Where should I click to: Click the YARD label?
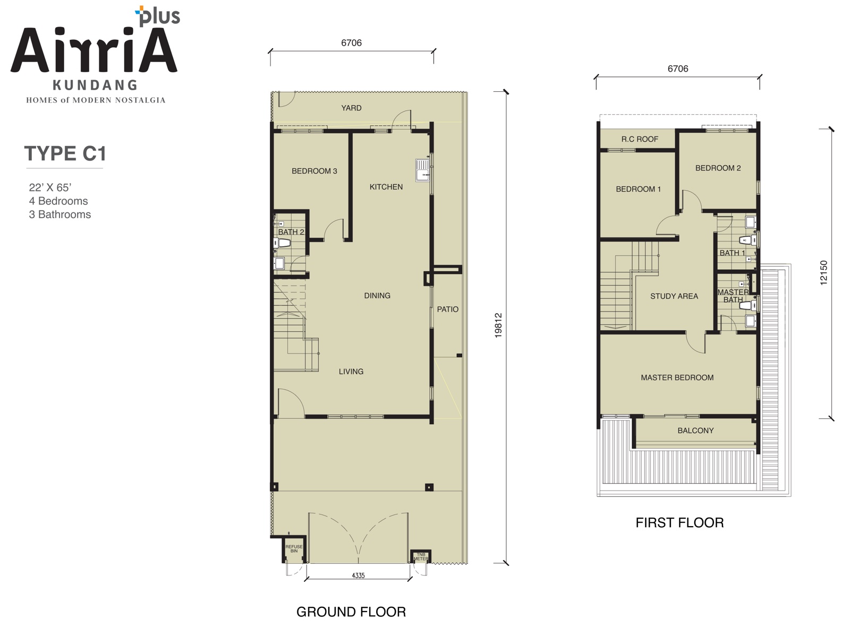point(351,108)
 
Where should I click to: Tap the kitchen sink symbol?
point(423,170)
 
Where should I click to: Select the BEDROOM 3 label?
point(314,171)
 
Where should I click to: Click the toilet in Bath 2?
point(282,243)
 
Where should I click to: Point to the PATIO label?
point(448,309)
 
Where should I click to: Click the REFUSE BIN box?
point(294,549)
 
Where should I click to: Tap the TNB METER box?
point(421,556)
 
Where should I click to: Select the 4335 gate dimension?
point(358,576)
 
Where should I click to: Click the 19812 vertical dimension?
point(498,325)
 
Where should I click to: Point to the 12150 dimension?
point(823,272)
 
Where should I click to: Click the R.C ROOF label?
point(640,139)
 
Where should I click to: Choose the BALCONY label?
point(695,431)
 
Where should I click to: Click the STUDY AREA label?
point(674,296)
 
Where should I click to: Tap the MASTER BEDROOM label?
point(677,377)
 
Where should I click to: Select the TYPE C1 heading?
point(65,153)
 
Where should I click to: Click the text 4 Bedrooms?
point(58,201)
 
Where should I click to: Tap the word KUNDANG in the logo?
point(95,85)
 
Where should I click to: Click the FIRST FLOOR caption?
point(679,523)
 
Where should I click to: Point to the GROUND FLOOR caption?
point(351,612)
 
